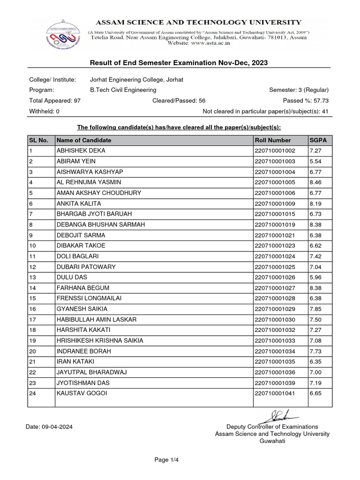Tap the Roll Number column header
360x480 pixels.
pyautogui.click(x=273, y=140)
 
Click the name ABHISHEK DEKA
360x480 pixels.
pyautogui.click(x=81, y=151)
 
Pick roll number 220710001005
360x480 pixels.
pyautogui.click(x=275, y=182)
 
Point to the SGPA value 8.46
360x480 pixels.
pyautogui.click(x=316, y=182)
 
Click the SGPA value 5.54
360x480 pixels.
pyautogui.click(x=316, y=161)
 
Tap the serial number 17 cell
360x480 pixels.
pyautogui.click(x=33, y=319)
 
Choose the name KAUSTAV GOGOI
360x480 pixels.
pyautogui.click(x=82, y=393)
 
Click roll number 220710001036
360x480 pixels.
pyautogui.click(x=275, y=372)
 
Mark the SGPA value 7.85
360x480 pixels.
pyautogui.click(x=316, y=309)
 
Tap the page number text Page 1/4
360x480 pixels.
pyautogui.click(x=167, y=460)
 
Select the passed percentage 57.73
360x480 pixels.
pyautogui.click(x=321, y=101)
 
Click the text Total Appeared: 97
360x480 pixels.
pyautogui.click(x=55, y=101)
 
